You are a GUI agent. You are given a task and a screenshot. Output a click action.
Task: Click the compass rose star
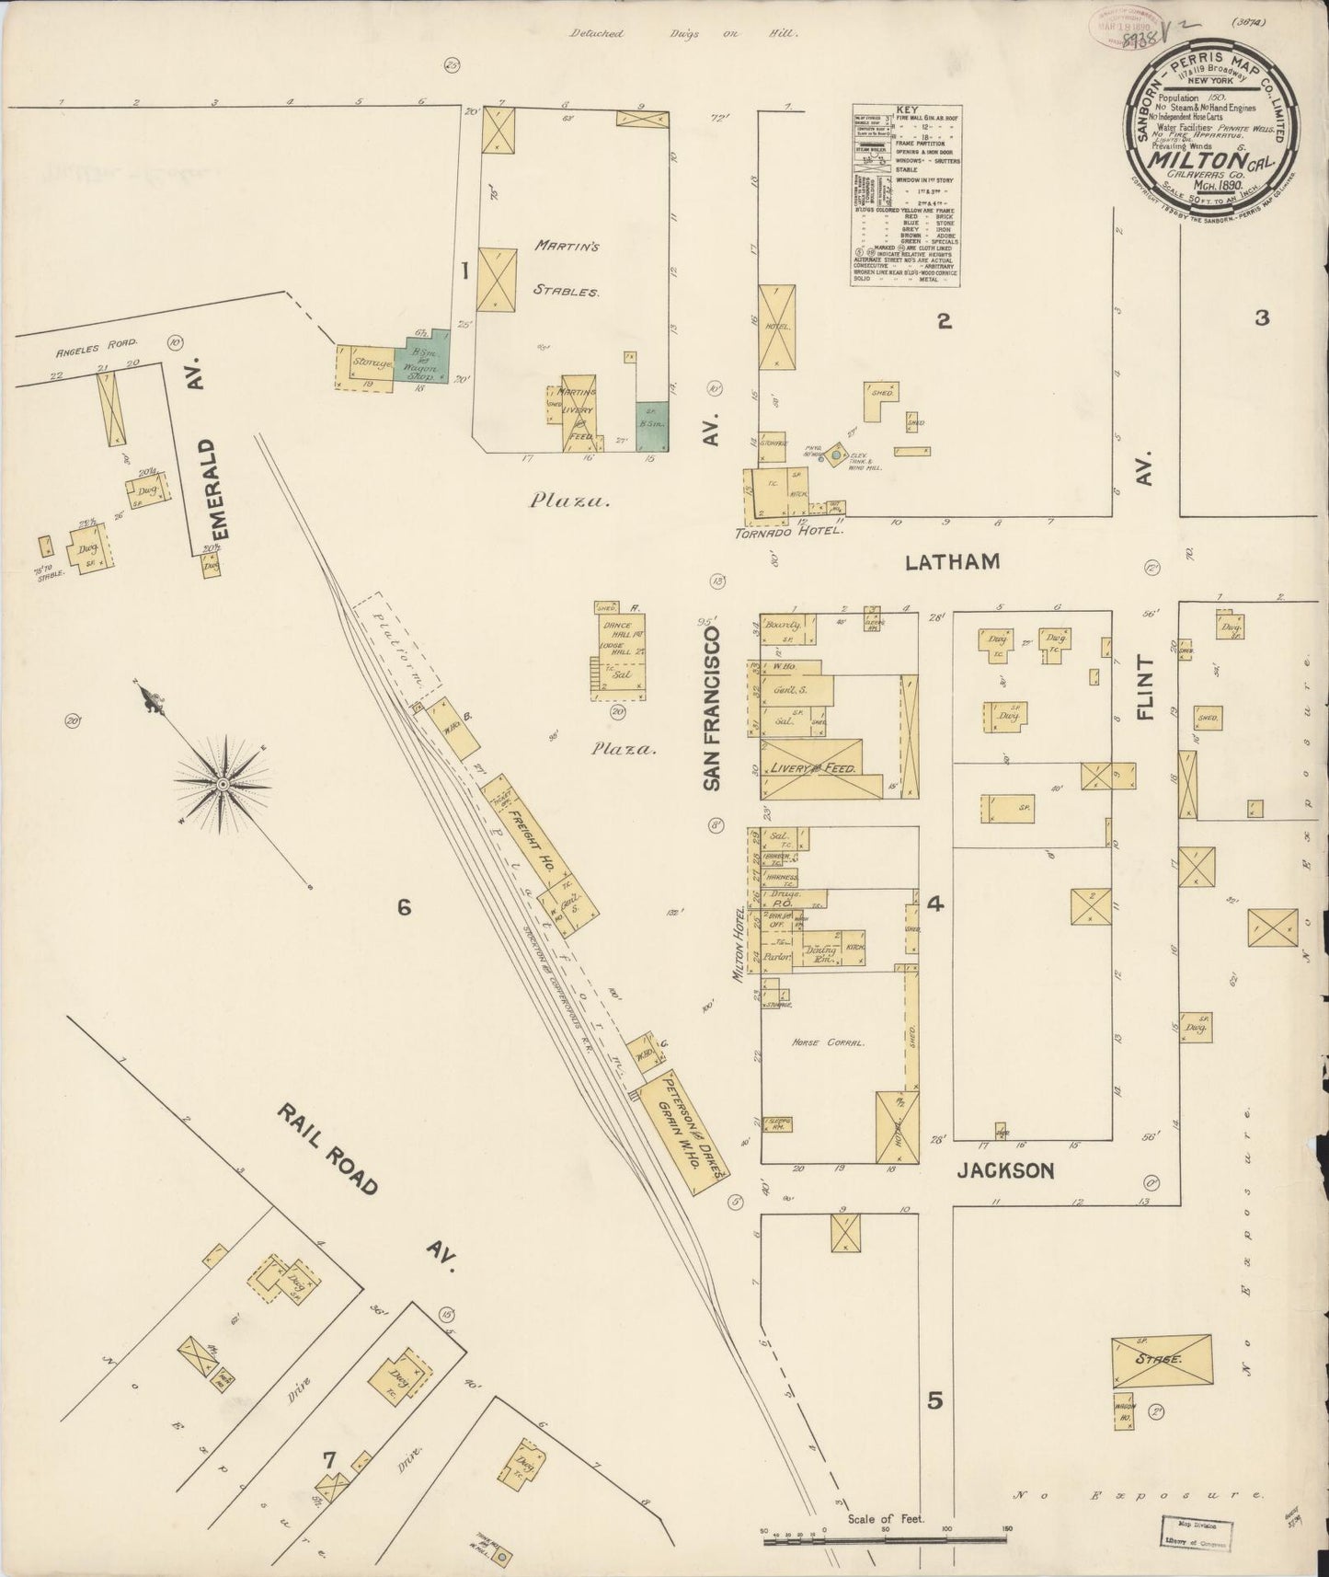tap(222, 784)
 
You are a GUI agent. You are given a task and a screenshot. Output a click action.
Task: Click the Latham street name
tap(953, 561)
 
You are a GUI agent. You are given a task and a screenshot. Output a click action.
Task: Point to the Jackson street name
tap(1004, 1171)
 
